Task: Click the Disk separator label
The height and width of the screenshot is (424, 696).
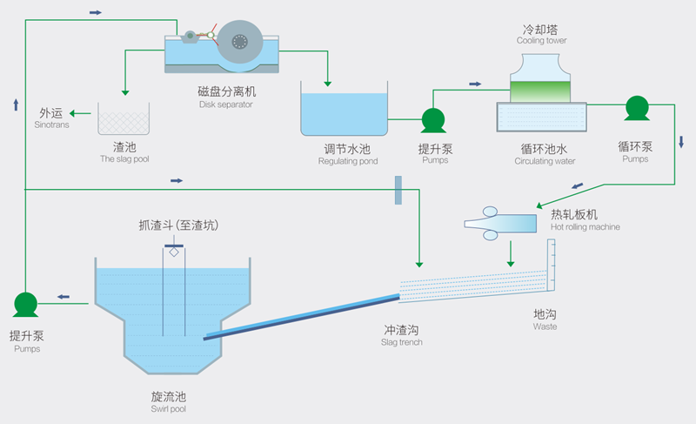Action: tap(226, 97)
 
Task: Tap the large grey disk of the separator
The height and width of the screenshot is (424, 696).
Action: tap(240, 43)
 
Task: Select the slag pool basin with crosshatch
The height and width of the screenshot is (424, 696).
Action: tap(123, 119)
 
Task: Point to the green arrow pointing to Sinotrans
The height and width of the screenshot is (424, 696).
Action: tap(82, 113)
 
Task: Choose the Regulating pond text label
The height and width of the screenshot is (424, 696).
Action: tap(348, 155)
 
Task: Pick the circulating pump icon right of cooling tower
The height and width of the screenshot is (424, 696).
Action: tap(637, 108)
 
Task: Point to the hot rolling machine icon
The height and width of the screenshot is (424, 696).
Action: tap(501, 222)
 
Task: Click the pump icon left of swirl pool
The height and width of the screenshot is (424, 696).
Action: tap(26, 304)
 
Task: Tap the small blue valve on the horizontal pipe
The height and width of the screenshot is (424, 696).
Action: tap(398, 190)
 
